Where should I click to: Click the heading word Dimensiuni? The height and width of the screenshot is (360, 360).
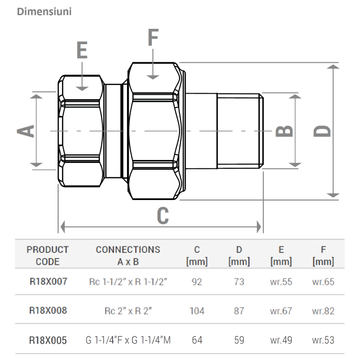click(44, 11)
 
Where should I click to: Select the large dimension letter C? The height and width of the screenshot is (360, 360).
click(163, 216)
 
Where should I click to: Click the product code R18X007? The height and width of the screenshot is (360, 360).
click(47, 282)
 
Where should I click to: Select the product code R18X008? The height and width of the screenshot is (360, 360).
click(47, 311)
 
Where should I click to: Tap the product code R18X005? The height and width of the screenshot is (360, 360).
click(47, 339)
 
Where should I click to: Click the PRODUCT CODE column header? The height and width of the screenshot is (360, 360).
click(47, 256)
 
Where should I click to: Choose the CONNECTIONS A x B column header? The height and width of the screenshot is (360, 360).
click(128, 256)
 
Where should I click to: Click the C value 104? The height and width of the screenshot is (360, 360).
click(196, 311)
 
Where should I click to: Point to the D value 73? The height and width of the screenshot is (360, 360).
click(239, 282)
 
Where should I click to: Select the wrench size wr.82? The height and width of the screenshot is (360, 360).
click(323, 311)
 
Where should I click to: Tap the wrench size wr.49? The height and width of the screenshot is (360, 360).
click(281, 339)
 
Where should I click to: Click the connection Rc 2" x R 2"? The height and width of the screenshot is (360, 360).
click(128, 311)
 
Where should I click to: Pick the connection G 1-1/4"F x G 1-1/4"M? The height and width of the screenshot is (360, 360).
click(128, 339)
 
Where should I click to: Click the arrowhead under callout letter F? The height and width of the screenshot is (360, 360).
click(153, 76)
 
